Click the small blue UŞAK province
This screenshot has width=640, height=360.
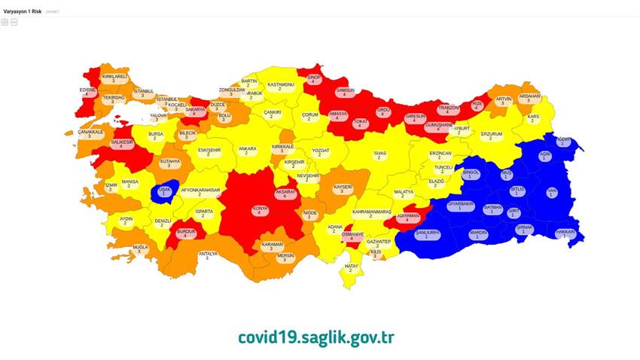(x=164, y=191)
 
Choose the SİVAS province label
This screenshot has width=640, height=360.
(x=380, y=154)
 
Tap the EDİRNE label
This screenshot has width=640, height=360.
(x=88, y=92)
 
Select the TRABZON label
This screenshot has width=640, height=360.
(x=449, y=109)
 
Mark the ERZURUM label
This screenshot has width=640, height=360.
(x=491, y=136)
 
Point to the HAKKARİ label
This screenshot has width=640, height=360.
(x=565, y=233)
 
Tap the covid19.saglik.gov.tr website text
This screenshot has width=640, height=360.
(x=315, y=337)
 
